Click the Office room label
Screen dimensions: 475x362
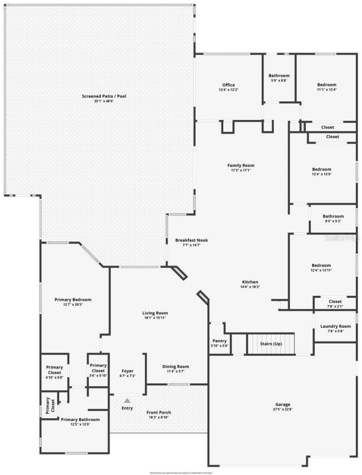[x=228, y=85]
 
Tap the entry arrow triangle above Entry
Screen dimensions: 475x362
[x=127, y=400]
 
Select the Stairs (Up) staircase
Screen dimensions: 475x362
[x=271, y=344]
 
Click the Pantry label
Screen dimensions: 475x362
[x=219, y=341]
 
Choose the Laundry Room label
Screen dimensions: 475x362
[x=335, y=326]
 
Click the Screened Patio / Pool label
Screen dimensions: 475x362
[x=104, y=96]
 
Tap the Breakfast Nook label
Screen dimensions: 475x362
[x=191, y=240]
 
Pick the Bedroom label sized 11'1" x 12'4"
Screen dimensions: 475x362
[x=327, y=85]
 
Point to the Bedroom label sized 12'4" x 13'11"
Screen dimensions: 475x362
[x=321, y=265]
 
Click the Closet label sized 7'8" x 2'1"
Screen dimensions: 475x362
[x=335, y=302]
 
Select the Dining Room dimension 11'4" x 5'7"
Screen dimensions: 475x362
[x=176, y=371]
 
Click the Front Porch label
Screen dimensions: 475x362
[x=158, y=413]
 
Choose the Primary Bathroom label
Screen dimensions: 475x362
[x=80, y=419]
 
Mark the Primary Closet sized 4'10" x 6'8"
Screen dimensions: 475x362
[x=55, y=369]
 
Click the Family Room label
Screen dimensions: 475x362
[x=241, y=165]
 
